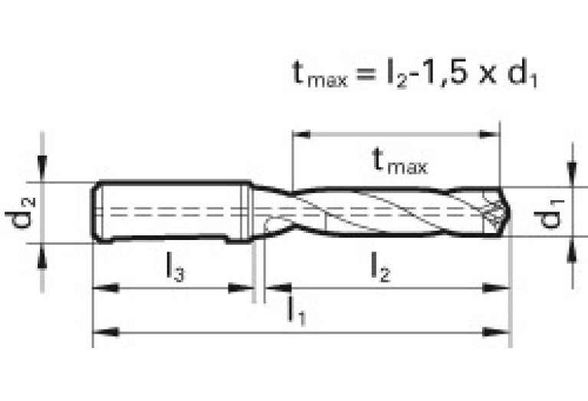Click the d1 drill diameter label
pyautogui.click(x=549, y=214)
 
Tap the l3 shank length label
pyautogui.click(x=176, y=266)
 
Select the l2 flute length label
pyautogui.click(x=380, y=266)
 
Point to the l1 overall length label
pyautogui.click(x=296, y=311)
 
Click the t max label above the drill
pyautogui.click(x=400, y=161)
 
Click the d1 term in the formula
pyautogui.click(x=523, y=74)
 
